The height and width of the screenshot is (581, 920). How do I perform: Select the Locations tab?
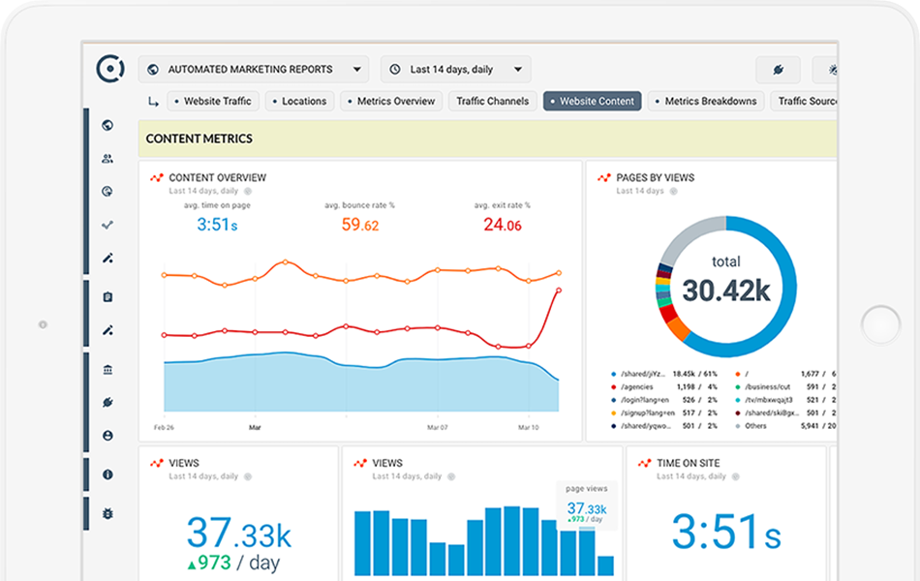[x=300, y=101]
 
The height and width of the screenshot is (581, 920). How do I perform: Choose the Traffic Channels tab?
[x=492, y=101]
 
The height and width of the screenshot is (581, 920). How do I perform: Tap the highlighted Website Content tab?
[x=592, y=101]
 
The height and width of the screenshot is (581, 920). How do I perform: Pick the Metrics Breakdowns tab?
[x=706, y=101]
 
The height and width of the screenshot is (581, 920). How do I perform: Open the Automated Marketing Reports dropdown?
[x=254, y=70]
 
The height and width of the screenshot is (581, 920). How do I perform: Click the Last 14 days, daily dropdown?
[x=455, y=70]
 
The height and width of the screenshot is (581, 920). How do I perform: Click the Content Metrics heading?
[x=199, y=138]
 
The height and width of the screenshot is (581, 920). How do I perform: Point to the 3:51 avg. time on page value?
[x=217, y=225]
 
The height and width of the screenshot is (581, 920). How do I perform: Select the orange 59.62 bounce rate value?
[x=359, y=225]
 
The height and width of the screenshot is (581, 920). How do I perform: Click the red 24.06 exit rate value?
[x=502, y=225]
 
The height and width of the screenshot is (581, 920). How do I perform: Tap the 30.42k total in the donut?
[x=725, y=290]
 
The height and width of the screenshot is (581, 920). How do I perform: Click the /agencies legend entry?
[x=638, y=385]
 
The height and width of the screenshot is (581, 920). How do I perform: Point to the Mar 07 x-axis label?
[x=438, y=426]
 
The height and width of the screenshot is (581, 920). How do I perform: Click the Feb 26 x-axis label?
[x=164, y=426]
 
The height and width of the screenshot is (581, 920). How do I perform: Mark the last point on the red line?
[x=559, y=290]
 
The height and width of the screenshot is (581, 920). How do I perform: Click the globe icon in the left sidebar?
[x=107, y=125]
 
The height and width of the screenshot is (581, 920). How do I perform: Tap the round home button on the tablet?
[x=880, y=324]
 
